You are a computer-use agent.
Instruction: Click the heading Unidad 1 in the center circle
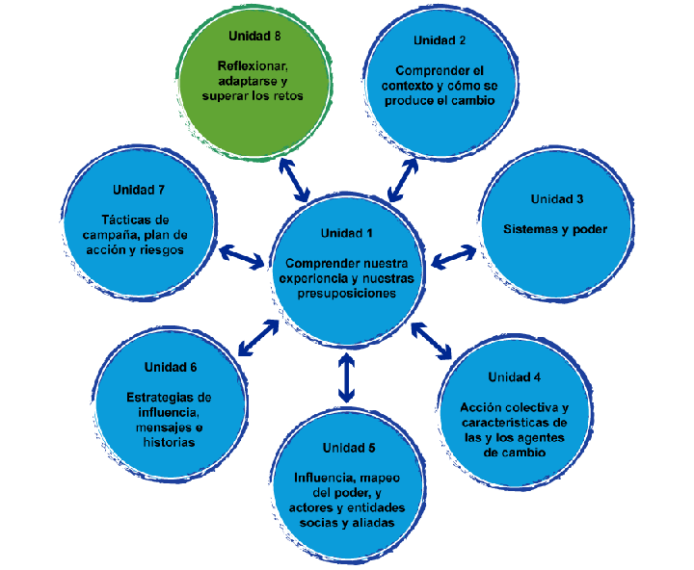click(346, 234)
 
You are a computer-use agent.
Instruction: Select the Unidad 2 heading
click(440, 40)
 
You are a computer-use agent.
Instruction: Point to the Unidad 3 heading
click(556, 199)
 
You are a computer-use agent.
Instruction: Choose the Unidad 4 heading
click(514, 376)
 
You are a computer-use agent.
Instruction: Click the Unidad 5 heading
click(348, 448)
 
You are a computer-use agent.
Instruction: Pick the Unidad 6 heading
click(171, 367)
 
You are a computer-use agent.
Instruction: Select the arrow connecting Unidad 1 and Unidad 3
click(453, 256)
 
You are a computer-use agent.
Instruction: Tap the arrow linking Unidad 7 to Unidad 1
click(242, 256)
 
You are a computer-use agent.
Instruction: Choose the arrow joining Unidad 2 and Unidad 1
click(403, 178)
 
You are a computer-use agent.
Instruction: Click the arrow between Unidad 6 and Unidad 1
click(257, 336)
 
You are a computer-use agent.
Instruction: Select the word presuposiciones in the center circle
click(347, 293)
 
